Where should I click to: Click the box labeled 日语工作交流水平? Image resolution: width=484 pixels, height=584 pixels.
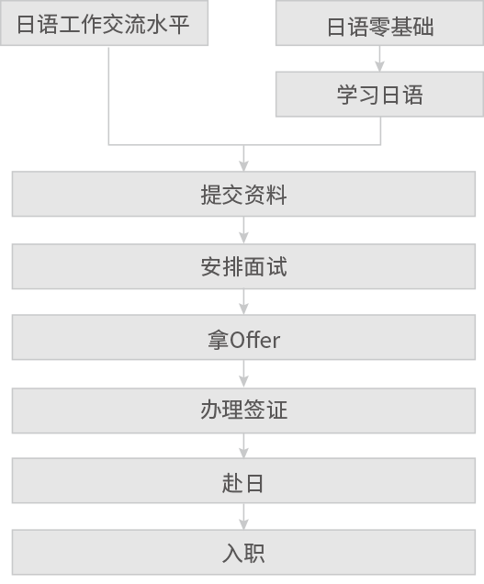tap(104, 23)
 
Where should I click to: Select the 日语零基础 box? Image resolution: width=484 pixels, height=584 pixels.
tap(379, 23)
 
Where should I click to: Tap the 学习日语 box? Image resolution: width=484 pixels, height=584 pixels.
tap(379, 95)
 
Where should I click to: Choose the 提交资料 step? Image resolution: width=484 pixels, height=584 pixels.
tap(243, 194)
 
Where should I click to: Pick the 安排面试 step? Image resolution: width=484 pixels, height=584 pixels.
tap(243, 266)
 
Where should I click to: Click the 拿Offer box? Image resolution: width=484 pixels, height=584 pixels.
tap(243, 337)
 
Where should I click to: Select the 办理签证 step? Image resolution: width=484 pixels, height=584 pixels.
tap(243, 410)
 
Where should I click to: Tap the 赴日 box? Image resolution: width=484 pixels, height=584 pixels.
tap(243, 480)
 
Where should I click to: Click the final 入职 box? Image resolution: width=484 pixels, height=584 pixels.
tap(243, 552)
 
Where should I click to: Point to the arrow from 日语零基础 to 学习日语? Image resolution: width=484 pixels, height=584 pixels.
tap(379, 59)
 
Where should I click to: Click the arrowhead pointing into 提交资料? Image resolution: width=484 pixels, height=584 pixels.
tap(243, 166)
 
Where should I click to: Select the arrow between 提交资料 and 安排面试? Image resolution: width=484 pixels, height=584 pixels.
tap(243, 230)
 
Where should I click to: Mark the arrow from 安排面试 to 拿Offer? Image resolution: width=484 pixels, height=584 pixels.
tap(243, 302)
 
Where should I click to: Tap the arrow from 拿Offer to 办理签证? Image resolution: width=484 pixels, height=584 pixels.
tap(243, 374)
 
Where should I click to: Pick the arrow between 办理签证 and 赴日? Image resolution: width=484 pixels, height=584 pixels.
tap(243, 446)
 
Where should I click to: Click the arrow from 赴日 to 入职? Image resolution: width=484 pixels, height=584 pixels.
tap(243, 517)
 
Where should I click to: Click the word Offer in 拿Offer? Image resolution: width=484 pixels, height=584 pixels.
tap(254, 340)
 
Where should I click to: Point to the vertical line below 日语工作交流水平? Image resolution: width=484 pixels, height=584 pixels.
tap(108, 95)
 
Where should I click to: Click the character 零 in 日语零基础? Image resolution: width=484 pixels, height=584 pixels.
tap(379, 27)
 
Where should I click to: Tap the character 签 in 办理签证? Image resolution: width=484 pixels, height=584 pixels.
tap(254, 410)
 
